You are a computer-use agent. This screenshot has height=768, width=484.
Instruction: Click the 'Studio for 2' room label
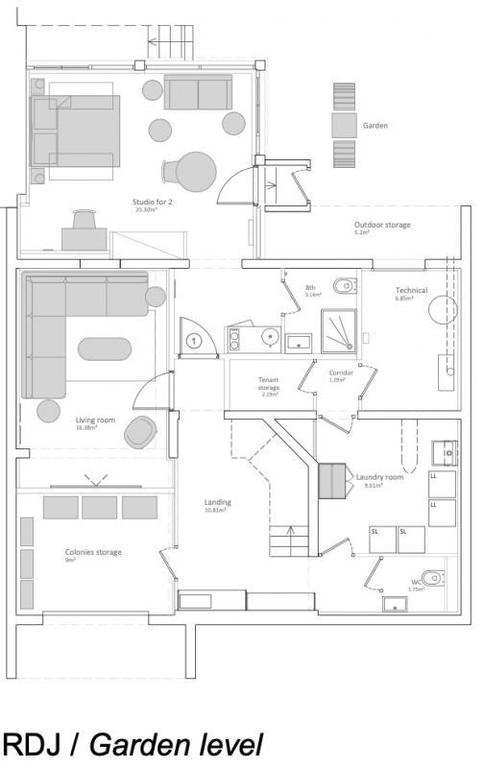click(152, 202)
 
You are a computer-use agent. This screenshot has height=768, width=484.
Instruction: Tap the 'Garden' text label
click(375, 126)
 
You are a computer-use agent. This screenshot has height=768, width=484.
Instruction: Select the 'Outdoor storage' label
click(382, 225)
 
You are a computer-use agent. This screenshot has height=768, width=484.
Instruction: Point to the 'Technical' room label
click(410, 289)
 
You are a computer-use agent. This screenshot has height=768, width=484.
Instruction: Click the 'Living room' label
click(95, 419)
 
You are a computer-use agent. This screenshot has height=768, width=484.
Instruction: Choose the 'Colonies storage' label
click(93, 552)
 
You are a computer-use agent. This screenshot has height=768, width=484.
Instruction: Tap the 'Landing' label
click(218, 502)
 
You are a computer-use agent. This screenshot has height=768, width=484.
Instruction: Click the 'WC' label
click(416, 581)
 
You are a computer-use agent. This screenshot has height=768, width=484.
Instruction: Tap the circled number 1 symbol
click(193, 340)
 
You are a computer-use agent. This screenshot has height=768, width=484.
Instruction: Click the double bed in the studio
click(77, 130)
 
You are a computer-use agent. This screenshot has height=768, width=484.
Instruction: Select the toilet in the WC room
click(435, 576)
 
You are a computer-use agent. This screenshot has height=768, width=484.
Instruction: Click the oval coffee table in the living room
click(105, 347)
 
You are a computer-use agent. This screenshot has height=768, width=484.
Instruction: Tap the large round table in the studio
click(198, 173)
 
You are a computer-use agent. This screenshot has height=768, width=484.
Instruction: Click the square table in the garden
click(345, 126)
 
